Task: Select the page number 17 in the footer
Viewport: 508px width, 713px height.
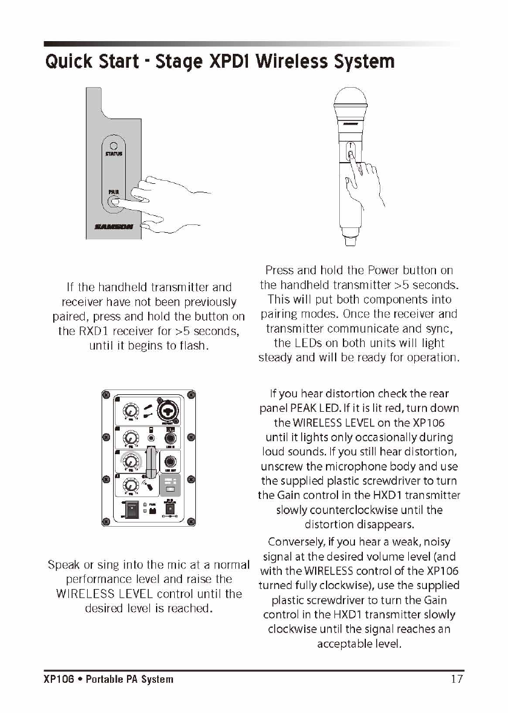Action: (x=457, y=679)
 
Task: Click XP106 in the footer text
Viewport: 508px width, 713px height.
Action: (x=58, y=679)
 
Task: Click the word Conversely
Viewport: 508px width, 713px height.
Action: (x=300, y=542)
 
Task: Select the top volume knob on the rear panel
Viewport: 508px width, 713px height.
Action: (x=129, y=412)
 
